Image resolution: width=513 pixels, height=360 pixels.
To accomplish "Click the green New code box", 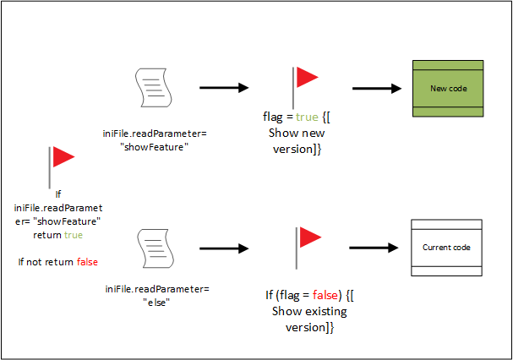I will pyautogui.click(x=446, y=88).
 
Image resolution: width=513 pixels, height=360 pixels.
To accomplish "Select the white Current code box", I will pyautogui.click(x=446, y=247).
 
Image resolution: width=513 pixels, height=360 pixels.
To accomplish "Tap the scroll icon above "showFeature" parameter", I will pyautogui.click(x=152, y=87).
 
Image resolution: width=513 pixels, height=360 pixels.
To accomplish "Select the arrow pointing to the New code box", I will pyautogui.click(x=376, y=87).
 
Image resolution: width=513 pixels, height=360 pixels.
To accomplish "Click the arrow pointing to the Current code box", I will pyautogui.click(x=373, y=248).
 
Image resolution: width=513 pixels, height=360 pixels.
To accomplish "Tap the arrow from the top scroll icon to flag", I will pyautogui.click(x=223, y=87).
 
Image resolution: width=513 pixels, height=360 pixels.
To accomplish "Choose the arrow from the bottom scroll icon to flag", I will pyautogui.click(x=223, y=248).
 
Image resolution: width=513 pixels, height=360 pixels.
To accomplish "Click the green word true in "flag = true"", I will pyautogui.click(x=305, y=119).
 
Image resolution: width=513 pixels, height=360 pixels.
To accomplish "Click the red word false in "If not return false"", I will pyautogui.click(x=87, y=262).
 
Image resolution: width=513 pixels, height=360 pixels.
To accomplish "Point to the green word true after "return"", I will pyautogui.click(x=72, y=235).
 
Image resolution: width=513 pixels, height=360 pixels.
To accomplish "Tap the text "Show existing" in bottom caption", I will pyautogui.click(x=309, y=311).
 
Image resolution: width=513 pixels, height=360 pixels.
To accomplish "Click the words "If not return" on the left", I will pyautogui.click(x=47, y=262).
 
